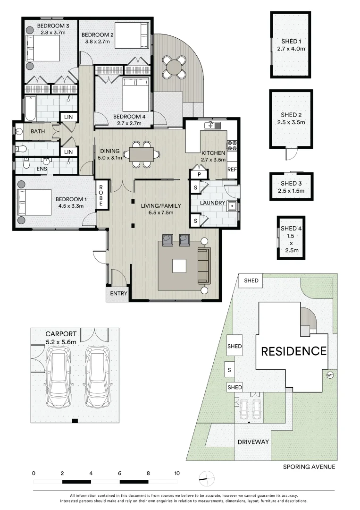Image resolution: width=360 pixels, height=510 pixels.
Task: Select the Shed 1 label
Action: pyautogui.click(x=290, y=41)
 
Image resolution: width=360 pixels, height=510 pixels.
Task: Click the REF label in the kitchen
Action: pyautogui.click(x=232, y=169)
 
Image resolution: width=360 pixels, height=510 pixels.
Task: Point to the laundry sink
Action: pyautogui.click(x=232, y=206)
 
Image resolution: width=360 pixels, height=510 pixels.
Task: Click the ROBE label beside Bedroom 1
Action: pyautogui.click(x=101, y=195)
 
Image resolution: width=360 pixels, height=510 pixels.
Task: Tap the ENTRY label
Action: pyautogui.click(x=118, y=294)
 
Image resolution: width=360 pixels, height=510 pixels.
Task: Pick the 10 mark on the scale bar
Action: pyautogui.click(x=176, y=473)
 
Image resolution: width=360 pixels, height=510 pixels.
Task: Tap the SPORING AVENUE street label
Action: pyautogui.click(x=309, y=467)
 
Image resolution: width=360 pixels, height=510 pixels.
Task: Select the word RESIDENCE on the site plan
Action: pyautogui.click(x=293, y=351)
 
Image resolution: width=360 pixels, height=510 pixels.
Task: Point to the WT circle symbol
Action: pyautogui.click(x=330, y=375)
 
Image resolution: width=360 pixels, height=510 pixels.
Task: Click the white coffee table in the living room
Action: pyautogui.click(x=179, y=266)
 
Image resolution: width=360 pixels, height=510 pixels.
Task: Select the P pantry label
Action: pyautogui.click(x=199, y=175)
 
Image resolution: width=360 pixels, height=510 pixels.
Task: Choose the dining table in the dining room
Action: pyautogui.click(x=142, y=154)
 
